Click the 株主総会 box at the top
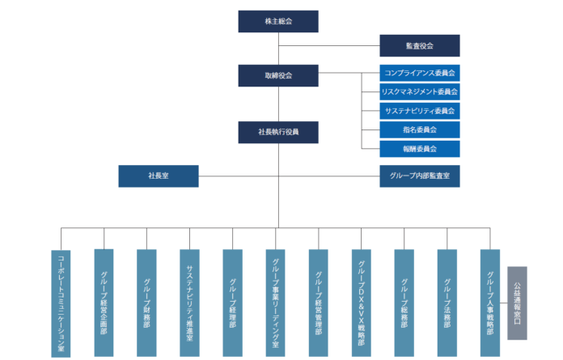[278, 21]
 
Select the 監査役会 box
[420, 45]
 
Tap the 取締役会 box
[278, 75]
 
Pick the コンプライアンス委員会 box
[420, 73]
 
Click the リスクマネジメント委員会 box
[420, 91]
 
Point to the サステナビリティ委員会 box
[420, 110]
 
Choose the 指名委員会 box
[420, 129]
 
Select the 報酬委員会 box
[420, 149]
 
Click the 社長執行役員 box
[278, 131]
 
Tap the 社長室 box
[159, 176]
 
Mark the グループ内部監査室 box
[420, 176]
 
